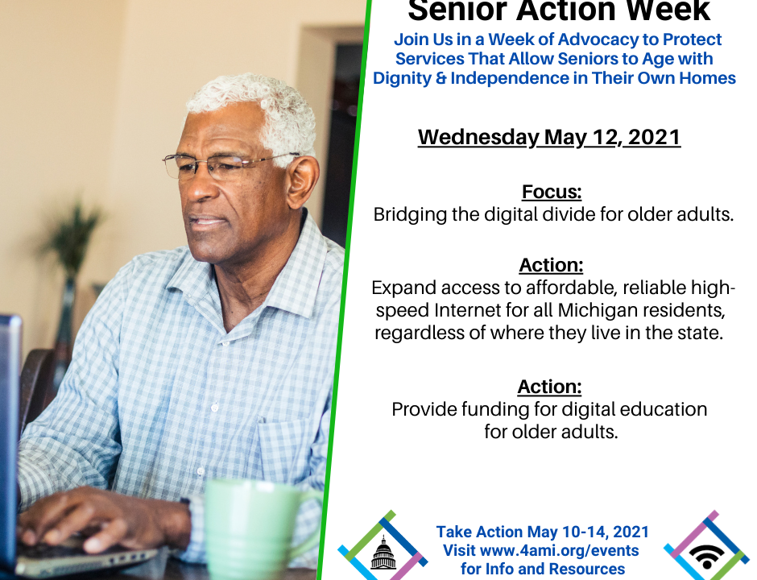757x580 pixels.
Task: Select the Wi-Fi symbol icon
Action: [707, 557]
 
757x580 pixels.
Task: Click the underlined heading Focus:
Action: [552, 192]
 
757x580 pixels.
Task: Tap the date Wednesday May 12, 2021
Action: [549, 137]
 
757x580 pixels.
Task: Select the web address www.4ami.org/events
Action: [560, 550]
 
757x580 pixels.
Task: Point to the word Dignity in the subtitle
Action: [402, 78]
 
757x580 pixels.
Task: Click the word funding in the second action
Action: [494, 409]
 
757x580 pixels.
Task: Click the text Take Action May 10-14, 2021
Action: [543, 532]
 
